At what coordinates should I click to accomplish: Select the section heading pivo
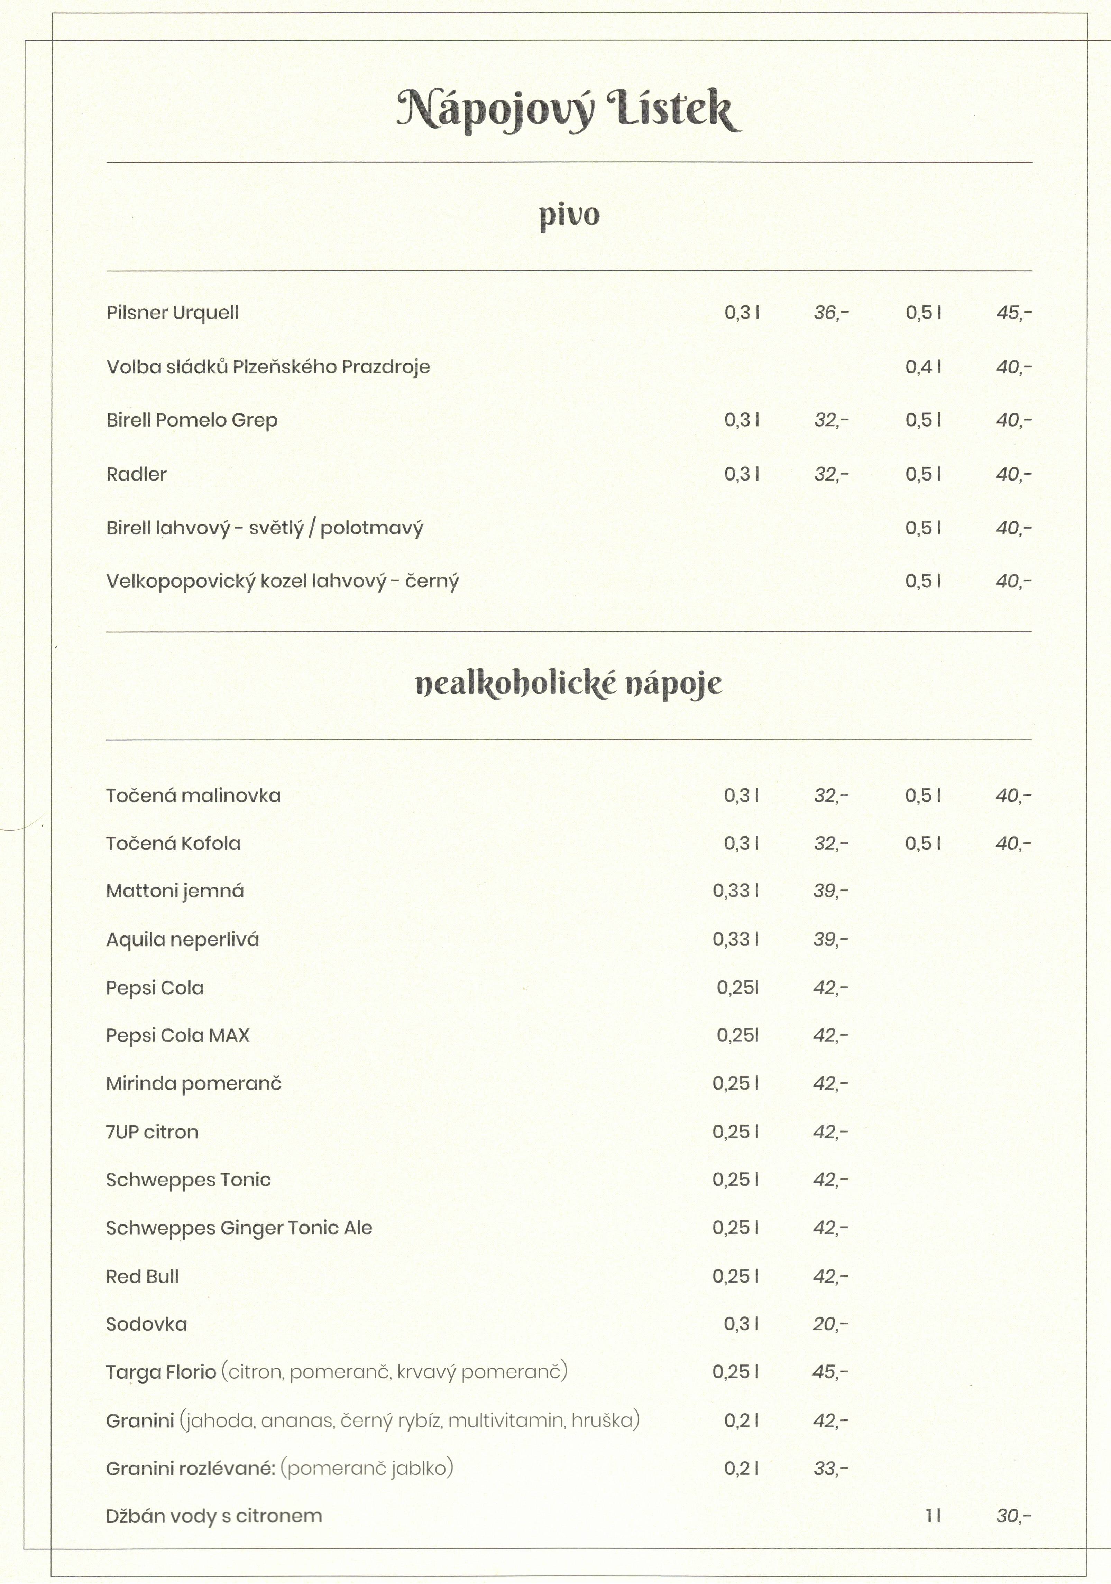(569, 215)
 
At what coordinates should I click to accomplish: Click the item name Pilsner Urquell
(173, 313)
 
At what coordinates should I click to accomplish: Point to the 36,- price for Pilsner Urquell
(831, 313)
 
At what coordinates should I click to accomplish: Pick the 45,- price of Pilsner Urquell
(1013, 313)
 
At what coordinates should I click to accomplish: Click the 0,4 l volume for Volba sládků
(923, 367)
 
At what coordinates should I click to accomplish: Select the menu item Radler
(137, 475)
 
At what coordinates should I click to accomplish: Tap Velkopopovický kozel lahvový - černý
(282, 581)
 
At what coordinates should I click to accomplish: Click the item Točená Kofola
(173, 844)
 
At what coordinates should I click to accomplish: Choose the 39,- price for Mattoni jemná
(830, 891)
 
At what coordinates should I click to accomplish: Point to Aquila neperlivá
(182, 940)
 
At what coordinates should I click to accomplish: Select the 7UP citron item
(152, 1132)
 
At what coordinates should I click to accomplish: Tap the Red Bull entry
(142, 1277)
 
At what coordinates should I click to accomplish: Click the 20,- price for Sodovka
(830, 1325)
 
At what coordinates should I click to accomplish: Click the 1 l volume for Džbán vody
(933, 1516)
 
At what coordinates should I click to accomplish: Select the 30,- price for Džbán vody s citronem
(1013, 1516)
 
